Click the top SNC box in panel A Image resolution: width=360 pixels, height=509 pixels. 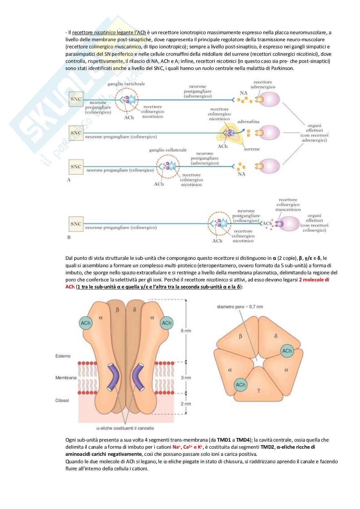pos(76,99)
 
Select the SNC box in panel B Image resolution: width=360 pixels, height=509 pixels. pos(76,224)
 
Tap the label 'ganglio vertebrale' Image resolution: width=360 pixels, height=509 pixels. pos(126,84)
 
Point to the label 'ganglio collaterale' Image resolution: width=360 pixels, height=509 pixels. pos(168,150)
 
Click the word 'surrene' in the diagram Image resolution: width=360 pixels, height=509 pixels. pos(252,149)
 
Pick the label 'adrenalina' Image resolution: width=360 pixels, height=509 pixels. pos(248,122)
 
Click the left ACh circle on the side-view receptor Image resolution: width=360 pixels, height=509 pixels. pos(86,323)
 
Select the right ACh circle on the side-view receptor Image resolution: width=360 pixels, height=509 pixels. pos(166,323)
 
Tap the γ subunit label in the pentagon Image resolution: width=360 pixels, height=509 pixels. pos(259,390)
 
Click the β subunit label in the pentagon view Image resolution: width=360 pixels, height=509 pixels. pos(240,336)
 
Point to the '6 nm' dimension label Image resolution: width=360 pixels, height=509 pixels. pos(186,331)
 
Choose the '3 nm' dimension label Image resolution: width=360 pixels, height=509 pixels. pos(186,377)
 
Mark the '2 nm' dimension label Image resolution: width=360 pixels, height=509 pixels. pos(186,404)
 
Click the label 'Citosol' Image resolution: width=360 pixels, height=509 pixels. pos(62,400)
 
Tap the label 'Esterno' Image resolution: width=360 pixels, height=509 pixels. pos(63,356)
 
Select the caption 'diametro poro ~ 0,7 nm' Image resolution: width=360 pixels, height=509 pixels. pos(240,307)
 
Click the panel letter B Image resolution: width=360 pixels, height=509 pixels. pos(69,237)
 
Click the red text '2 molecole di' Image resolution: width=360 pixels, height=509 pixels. pos(314,280)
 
